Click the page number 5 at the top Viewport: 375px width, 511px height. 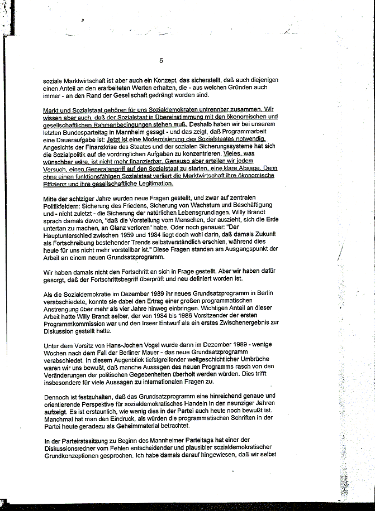[161, 61]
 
